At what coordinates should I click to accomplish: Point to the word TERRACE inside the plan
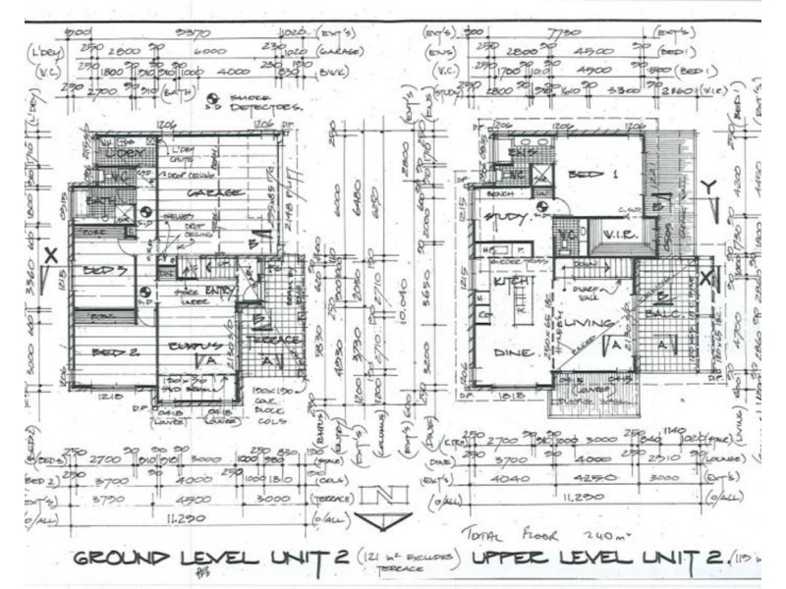[x=278, y=339]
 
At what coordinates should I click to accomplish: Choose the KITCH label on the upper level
[x=506, y=282]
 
